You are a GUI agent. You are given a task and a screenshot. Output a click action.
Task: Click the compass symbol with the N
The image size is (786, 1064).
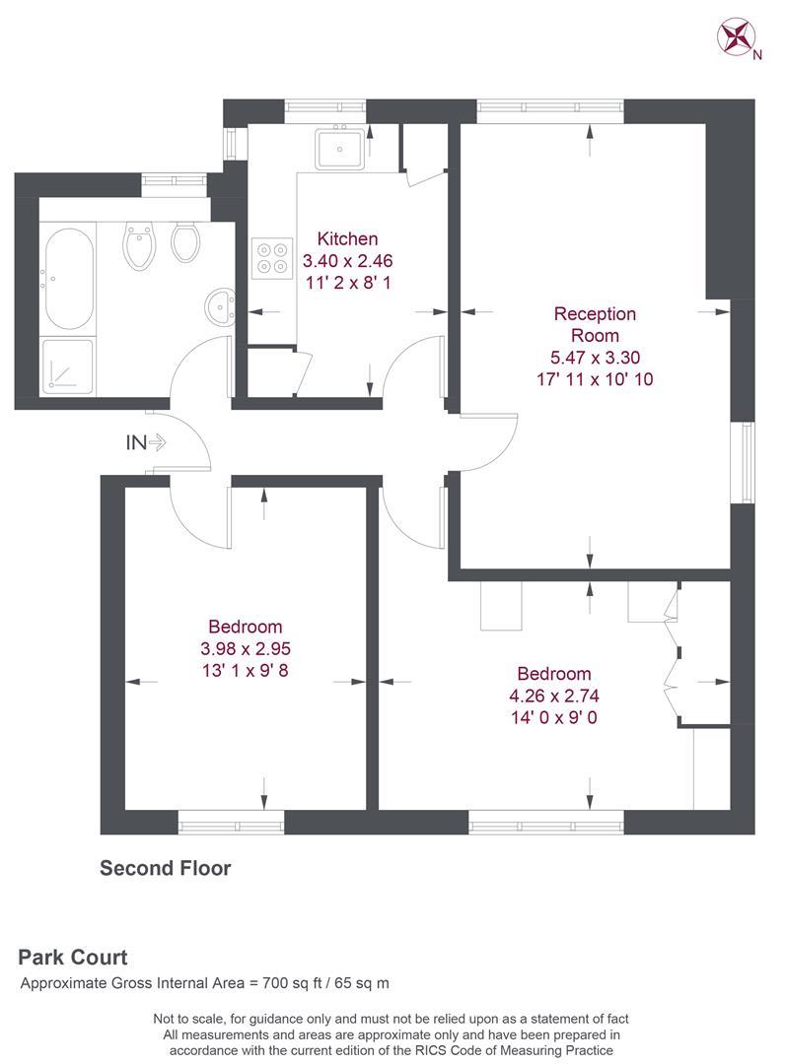point(736,37)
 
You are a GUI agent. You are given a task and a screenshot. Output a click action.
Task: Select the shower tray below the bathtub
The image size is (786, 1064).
point(67,366)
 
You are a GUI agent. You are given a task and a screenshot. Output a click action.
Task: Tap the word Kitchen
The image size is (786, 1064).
point(346,238)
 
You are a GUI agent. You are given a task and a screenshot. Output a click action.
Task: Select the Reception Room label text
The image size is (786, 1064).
point(595,324)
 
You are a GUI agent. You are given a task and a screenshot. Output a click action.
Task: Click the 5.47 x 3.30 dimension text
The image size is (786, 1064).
point(595,357)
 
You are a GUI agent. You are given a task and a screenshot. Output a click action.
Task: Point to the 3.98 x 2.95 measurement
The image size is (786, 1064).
point(245,649)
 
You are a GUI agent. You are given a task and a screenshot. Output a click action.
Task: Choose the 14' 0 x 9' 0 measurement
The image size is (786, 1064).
point(554,717)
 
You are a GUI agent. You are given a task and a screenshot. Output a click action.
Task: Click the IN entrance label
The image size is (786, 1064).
point(135,443)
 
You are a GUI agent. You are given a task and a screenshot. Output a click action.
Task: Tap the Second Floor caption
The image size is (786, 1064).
point(165,868)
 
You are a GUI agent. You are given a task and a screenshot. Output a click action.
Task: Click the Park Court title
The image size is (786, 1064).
point(73,957)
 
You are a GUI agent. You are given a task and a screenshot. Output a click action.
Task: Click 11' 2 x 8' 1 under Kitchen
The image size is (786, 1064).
point(346,284)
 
